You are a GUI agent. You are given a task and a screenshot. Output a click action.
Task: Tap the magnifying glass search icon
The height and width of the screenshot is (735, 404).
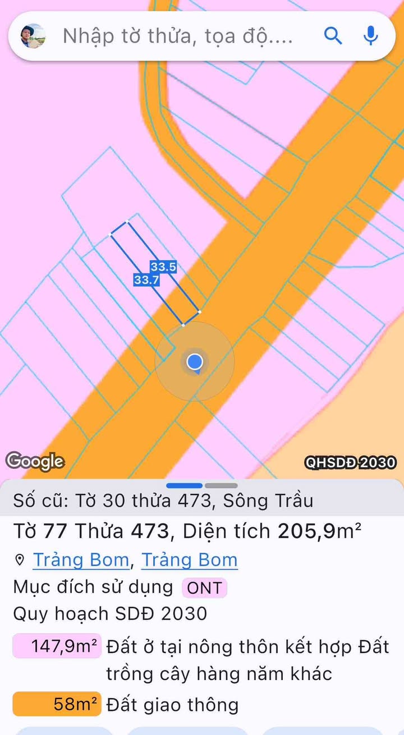pyautogui.click(x=333, y=36)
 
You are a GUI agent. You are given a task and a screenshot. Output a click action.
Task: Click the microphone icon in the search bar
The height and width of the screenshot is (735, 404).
pyautogui.click(x=370, y=36)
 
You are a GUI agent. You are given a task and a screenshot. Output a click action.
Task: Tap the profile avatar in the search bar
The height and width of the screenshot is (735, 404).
pyautogui.click(x=33, y=36)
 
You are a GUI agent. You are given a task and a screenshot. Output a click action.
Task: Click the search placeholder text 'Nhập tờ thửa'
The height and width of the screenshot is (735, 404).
pyautogui.click(x=177, y=36)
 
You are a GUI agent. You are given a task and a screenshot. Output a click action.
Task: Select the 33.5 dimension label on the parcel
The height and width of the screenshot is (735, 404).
pyautogui.click(x=163, y=267)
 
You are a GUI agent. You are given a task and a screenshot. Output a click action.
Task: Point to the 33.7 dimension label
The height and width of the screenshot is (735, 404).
pyautogui.click(x=146, y=280)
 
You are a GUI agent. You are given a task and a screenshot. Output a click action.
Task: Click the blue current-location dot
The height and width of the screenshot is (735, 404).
pyautogui.click(x=195, y=361)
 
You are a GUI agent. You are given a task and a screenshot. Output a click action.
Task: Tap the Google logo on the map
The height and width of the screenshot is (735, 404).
pyautogui.click(x=35, y=461)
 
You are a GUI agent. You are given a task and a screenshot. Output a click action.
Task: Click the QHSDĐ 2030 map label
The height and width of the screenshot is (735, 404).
pyautogui.click(x=351, y=462)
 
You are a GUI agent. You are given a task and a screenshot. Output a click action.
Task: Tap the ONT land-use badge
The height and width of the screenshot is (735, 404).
pyautogui.click(x=204, y=588)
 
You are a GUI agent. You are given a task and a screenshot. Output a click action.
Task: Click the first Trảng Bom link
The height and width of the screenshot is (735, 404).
pyautogui.click(x=81, y=560)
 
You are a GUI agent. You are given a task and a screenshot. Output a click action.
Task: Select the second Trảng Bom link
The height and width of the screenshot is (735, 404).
pyautogui.click(x=189, y=560)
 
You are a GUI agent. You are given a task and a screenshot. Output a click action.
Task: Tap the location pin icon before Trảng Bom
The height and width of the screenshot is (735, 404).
pyautogui.click(x=20, y=560)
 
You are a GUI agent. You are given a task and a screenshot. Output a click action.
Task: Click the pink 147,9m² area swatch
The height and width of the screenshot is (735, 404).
pyautogui.click(x=57, y=646)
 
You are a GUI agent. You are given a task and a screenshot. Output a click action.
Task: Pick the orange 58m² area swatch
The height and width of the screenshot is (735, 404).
pyautogui.click(x=57, y=704)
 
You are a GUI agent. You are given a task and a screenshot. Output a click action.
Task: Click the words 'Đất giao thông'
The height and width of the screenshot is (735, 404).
pyautogui.click(x=172, y=705)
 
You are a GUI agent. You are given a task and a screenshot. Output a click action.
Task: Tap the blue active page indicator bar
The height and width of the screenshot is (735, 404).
pyautogui.click(x=185, y=485)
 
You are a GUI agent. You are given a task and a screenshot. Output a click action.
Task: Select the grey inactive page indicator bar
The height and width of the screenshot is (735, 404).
pyautogui.click(x=221, y=485)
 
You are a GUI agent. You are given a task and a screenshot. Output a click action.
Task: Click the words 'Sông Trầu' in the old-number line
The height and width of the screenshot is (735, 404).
pyautogui.click(x=268, y=500)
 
